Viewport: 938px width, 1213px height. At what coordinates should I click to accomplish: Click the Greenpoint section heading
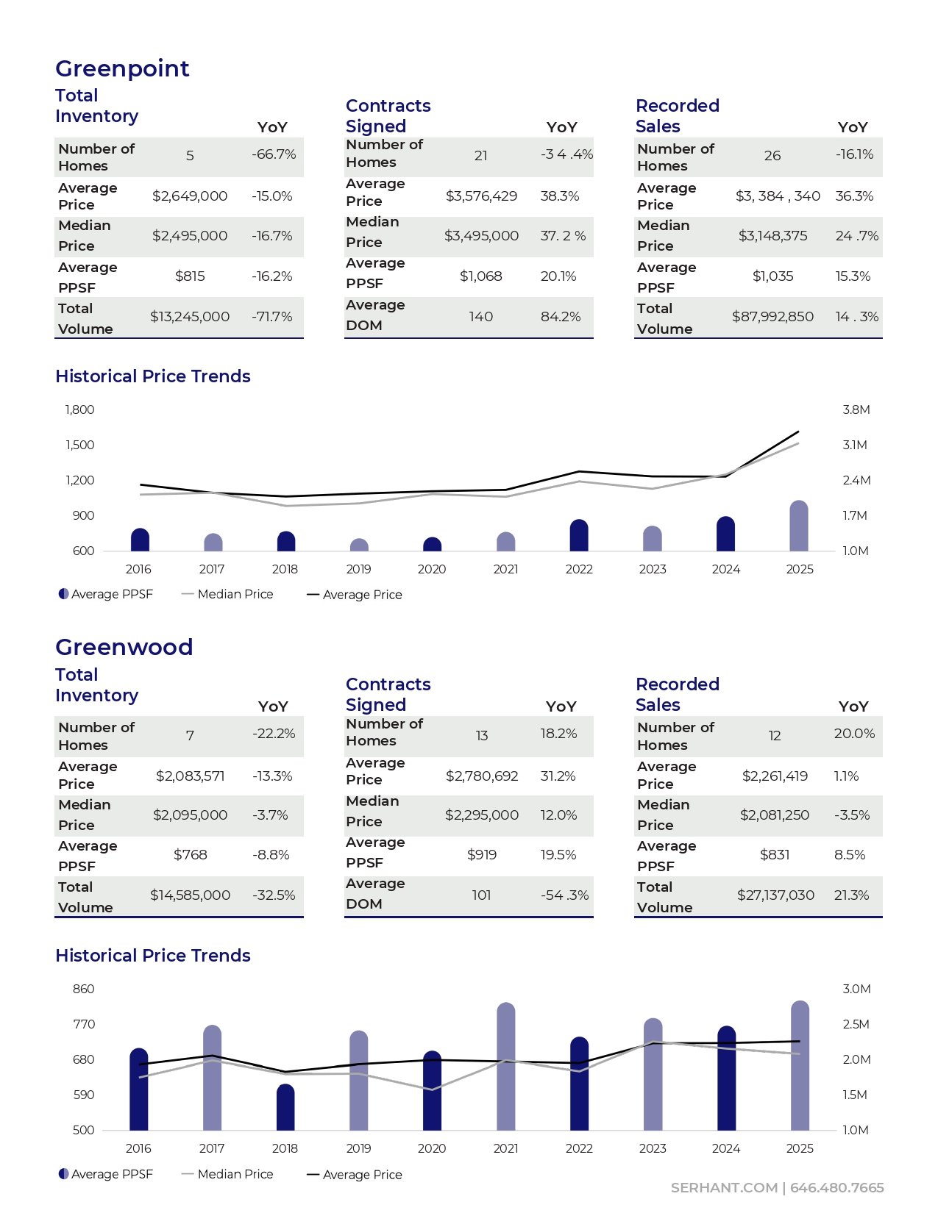(x=122, y=68)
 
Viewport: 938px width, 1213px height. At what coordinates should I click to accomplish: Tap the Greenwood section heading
(x=124, y=647)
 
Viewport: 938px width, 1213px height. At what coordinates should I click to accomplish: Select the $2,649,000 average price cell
(x=190, y=196)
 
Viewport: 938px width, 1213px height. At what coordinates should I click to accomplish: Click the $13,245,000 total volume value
(x=190, y=317)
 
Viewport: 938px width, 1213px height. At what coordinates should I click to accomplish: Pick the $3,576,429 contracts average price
(x=481, y=196)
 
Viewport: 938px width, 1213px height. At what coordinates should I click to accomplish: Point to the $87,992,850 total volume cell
(x=772, y=317)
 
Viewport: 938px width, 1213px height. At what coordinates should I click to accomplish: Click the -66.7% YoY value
(x=274, y=154)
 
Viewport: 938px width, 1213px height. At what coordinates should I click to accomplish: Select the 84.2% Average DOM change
(x=561, y=317)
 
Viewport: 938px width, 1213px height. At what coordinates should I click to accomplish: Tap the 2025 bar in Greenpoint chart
(x=799, y=526)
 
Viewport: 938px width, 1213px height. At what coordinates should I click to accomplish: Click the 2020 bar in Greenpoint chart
(x=432, y=545)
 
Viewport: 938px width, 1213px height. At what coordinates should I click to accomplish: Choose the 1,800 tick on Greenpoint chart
(x=79, y=410)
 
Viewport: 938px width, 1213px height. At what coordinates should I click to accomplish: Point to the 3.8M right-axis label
(x=856, y=410)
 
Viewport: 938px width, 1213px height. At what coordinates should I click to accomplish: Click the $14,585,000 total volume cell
(x=190, y=895)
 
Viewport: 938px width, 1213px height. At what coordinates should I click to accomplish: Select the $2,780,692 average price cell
(x=482, y=776)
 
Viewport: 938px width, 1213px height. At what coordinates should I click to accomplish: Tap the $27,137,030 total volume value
(x=775, y=895)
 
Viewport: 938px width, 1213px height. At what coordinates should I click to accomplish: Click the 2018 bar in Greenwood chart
(x=285, y=1108)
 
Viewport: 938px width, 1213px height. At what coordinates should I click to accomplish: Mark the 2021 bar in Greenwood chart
(x=506, y=1067)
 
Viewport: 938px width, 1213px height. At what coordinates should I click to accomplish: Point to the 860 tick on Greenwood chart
(x=83, y=990)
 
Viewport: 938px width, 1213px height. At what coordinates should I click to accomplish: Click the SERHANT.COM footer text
(x=724, y=1188)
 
